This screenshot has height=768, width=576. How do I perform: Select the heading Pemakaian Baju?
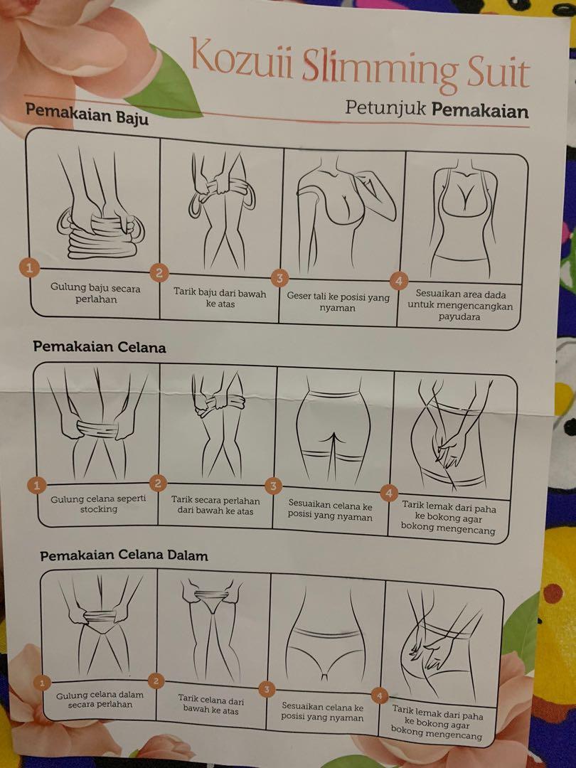point(87,114)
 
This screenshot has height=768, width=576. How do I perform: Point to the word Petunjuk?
point(385,107)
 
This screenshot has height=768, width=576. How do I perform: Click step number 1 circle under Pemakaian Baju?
point(29,267)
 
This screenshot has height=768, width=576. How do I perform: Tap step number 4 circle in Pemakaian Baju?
point(399,281)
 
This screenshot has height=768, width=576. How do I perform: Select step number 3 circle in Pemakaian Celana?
point(273,486)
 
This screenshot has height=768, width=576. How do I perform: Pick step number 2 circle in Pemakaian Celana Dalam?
point(156,681)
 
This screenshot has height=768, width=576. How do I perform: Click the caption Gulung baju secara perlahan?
point(95,294)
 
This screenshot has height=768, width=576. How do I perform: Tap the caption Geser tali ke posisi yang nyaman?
point(338,302)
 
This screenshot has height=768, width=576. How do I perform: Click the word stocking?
point(98,509)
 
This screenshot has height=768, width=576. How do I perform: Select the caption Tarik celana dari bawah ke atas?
point(210,704)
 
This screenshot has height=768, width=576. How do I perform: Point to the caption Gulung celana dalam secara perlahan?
point(100,700)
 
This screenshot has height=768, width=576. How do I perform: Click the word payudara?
point(459,316)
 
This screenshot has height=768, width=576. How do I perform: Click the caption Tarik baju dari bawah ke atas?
point(220,298)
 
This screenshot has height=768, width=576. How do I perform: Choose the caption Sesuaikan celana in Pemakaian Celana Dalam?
point(322,712)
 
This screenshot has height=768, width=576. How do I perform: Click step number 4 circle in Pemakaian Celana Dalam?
point(379,695)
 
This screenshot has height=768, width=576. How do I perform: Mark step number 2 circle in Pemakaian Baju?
point(159,272)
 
